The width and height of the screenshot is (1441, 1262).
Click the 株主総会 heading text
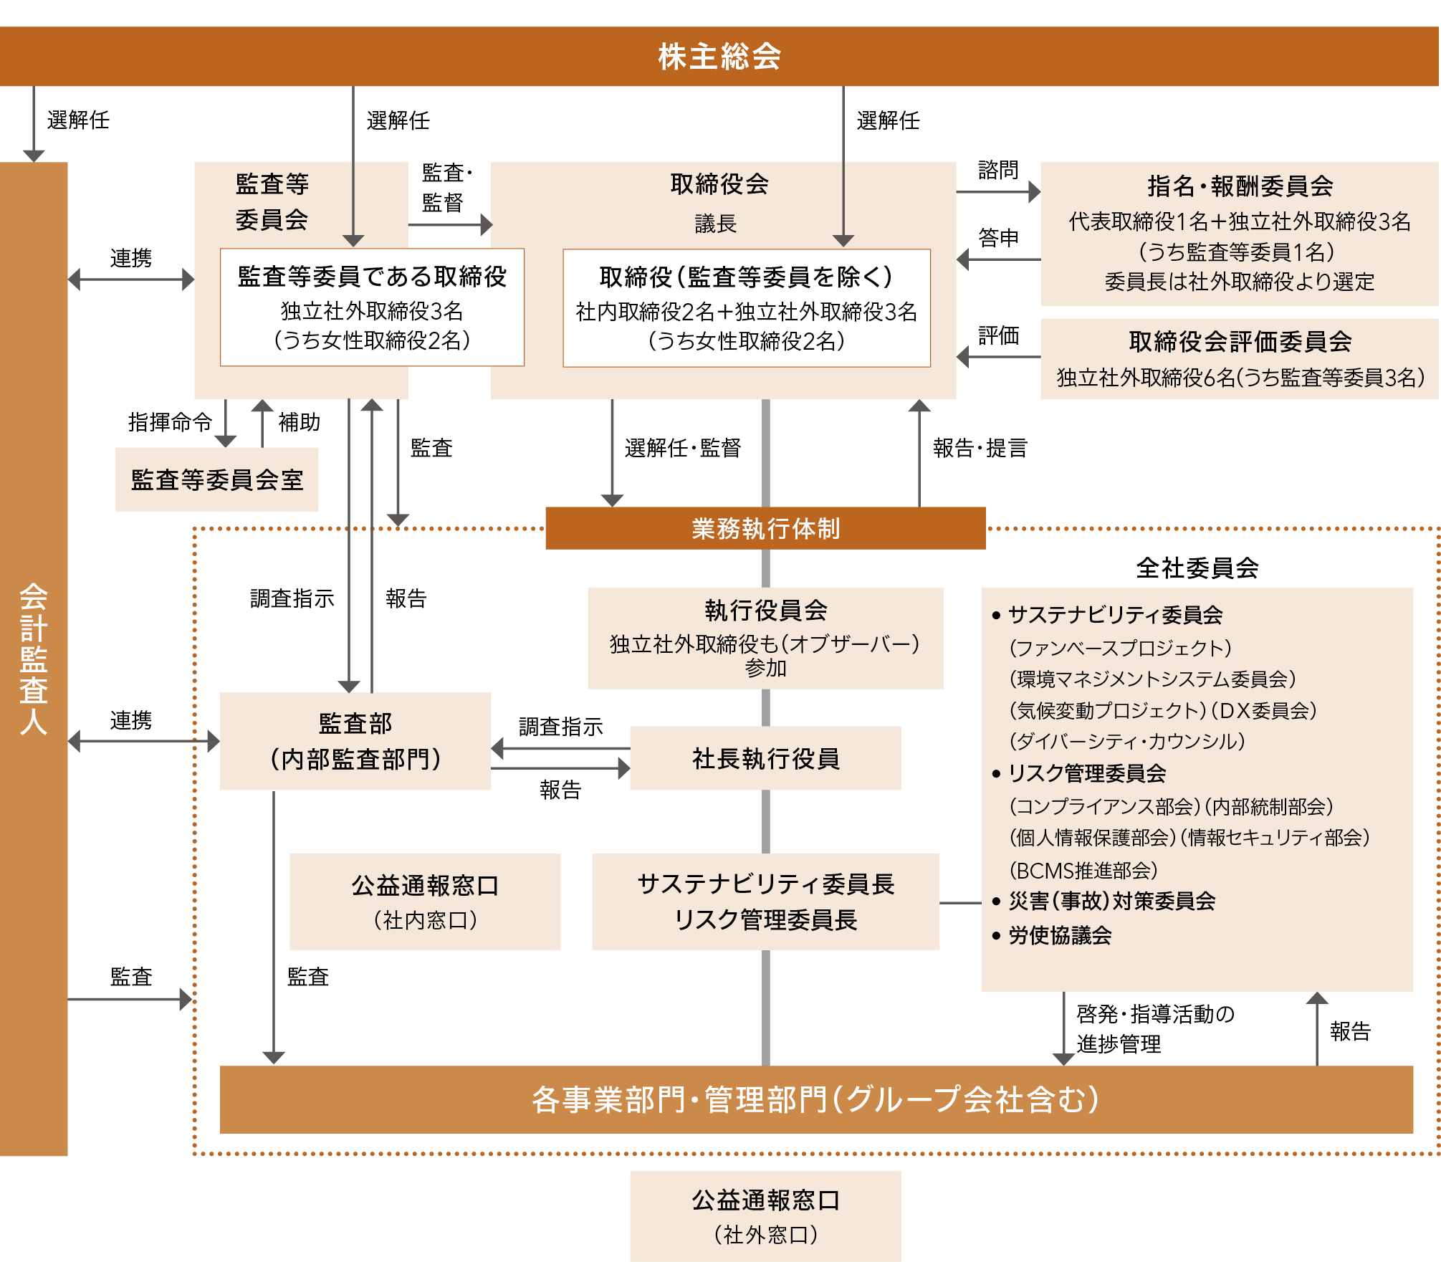tap(719, 57)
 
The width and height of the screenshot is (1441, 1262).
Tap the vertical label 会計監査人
tap(34, 659)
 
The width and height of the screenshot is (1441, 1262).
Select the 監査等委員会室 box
tap(217, 479)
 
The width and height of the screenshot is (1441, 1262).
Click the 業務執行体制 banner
tap(765, 529)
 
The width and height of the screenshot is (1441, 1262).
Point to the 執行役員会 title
tap(765, 611)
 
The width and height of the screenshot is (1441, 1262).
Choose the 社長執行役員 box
tap(765, 758)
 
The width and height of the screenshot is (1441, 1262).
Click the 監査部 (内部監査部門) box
tap(355, 741)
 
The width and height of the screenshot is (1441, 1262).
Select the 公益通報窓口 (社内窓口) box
tap(425, 902)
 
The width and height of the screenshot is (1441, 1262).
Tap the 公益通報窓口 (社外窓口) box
tap(765, 1216)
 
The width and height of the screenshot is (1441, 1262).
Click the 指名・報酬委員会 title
tap(1240, 186)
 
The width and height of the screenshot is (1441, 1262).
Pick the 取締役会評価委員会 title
tap(1240, 342)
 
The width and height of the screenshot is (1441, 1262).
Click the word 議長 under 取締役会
tap(715, 224)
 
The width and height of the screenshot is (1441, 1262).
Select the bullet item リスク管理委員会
tap(1086, 773)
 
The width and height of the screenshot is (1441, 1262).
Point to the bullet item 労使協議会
tap(1059, 935)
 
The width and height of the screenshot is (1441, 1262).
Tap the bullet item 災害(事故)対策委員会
tap(1111, 901)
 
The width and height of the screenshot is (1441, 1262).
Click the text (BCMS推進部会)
tap(1083, 871)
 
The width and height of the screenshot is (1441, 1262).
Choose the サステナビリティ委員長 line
tap(765, 884)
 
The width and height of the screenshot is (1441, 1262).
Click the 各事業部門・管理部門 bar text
tap(815, 1099)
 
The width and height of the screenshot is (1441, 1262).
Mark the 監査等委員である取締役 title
tap(372, 277)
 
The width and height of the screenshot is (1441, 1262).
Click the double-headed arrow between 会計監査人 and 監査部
tap(143, 741)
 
